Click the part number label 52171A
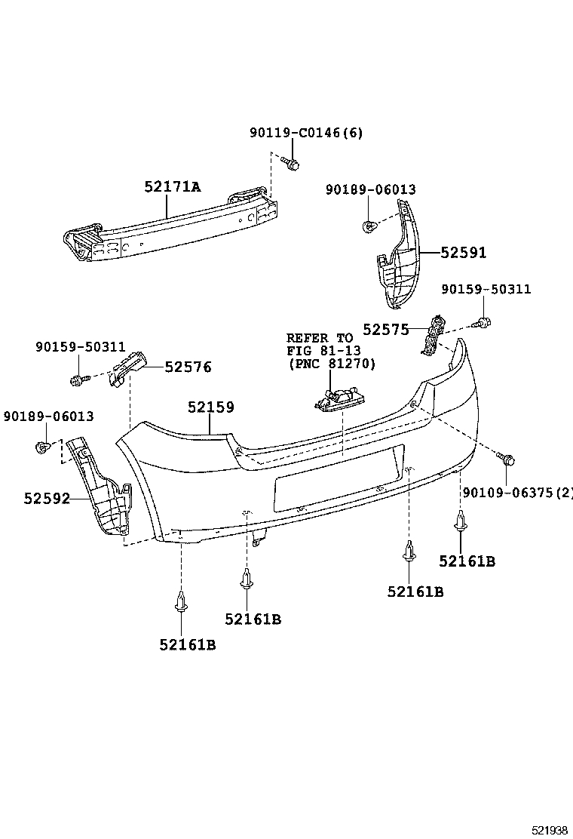(173, 187)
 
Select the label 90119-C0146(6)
(306, 134)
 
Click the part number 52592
(46, 498)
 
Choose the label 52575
(385, 329)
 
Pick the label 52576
(188, 367)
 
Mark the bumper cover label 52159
(210, 407)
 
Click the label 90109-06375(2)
(517, 493)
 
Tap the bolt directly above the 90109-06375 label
(507, 458)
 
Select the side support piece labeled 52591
(396, 257)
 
